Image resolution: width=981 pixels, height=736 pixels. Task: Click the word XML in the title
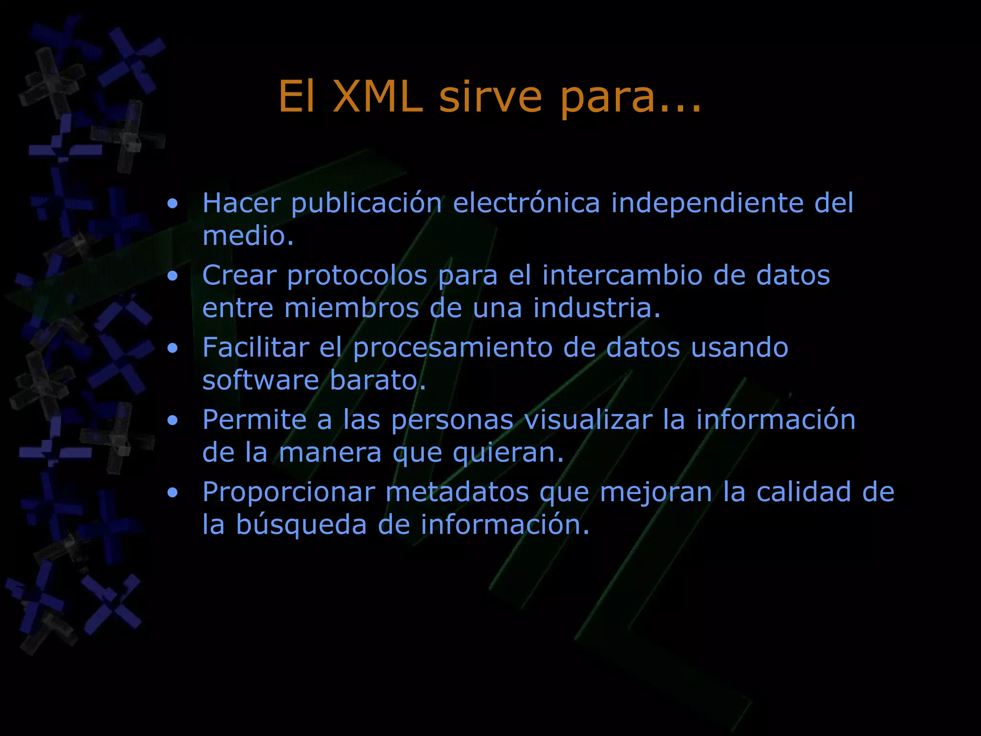coord(378,97)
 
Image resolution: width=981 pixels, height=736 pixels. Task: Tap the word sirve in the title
coord(490,97)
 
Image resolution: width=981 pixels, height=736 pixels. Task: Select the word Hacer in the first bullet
coord(241,203)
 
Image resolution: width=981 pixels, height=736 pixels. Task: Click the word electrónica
coord(526,203)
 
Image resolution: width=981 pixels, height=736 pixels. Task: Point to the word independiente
coord(707,204)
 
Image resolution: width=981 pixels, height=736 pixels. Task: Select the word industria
coord(597,308)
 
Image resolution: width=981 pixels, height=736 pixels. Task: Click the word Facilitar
coord(255,347)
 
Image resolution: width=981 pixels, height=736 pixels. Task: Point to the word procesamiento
coord(453,348)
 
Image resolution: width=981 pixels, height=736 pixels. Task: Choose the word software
coord(261,380)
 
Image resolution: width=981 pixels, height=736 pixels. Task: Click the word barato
coord(377,380)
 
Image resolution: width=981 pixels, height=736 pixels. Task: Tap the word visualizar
coord(588,420)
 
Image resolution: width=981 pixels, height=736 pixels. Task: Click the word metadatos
coord(457,492)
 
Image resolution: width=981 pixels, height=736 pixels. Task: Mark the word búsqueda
coord(301,525)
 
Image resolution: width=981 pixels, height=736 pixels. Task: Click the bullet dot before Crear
coord(173,276)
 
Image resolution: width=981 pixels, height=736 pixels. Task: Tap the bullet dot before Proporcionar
coord(173,493)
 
